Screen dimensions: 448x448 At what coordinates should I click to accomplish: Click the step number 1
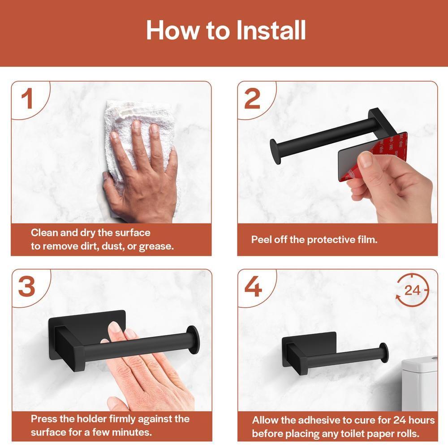(27, 99)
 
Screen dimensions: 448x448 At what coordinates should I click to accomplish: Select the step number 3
(27, 287)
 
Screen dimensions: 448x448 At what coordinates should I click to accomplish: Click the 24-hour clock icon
(412, 290)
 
